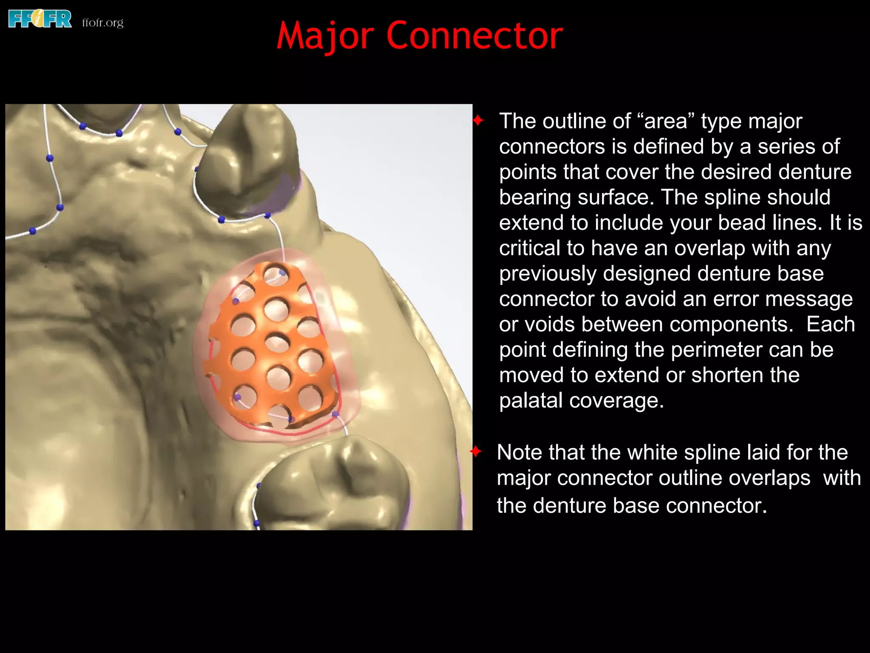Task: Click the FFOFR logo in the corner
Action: (40, 20)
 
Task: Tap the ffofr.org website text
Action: (103, 22)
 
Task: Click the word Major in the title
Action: (325, 37)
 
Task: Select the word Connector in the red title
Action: (475, 36)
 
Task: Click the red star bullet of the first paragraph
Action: (478, 121)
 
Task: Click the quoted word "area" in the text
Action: (666, 121)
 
